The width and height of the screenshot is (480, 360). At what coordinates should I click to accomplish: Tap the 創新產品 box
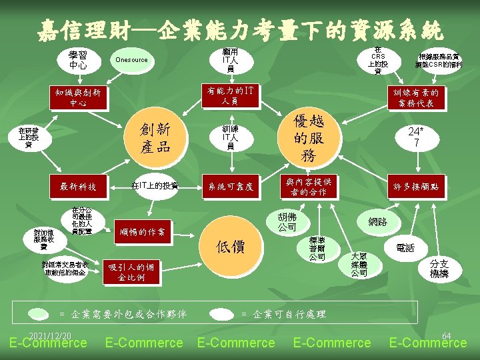point(154,137)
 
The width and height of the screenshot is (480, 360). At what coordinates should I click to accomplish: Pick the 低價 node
point(230,247)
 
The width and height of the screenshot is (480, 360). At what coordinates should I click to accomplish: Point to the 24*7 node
point(416,138)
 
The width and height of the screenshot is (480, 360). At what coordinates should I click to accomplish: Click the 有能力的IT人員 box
point(230,95)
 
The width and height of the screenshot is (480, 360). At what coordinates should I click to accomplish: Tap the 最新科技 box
point(78,187)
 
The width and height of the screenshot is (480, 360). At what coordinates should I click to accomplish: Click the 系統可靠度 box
point(230,187)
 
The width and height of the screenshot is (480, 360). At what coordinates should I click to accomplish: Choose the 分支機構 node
point(439,269)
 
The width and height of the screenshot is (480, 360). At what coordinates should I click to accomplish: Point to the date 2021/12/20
point(50,335)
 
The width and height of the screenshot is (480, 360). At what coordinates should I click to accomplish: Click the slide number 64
point(447,335)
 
